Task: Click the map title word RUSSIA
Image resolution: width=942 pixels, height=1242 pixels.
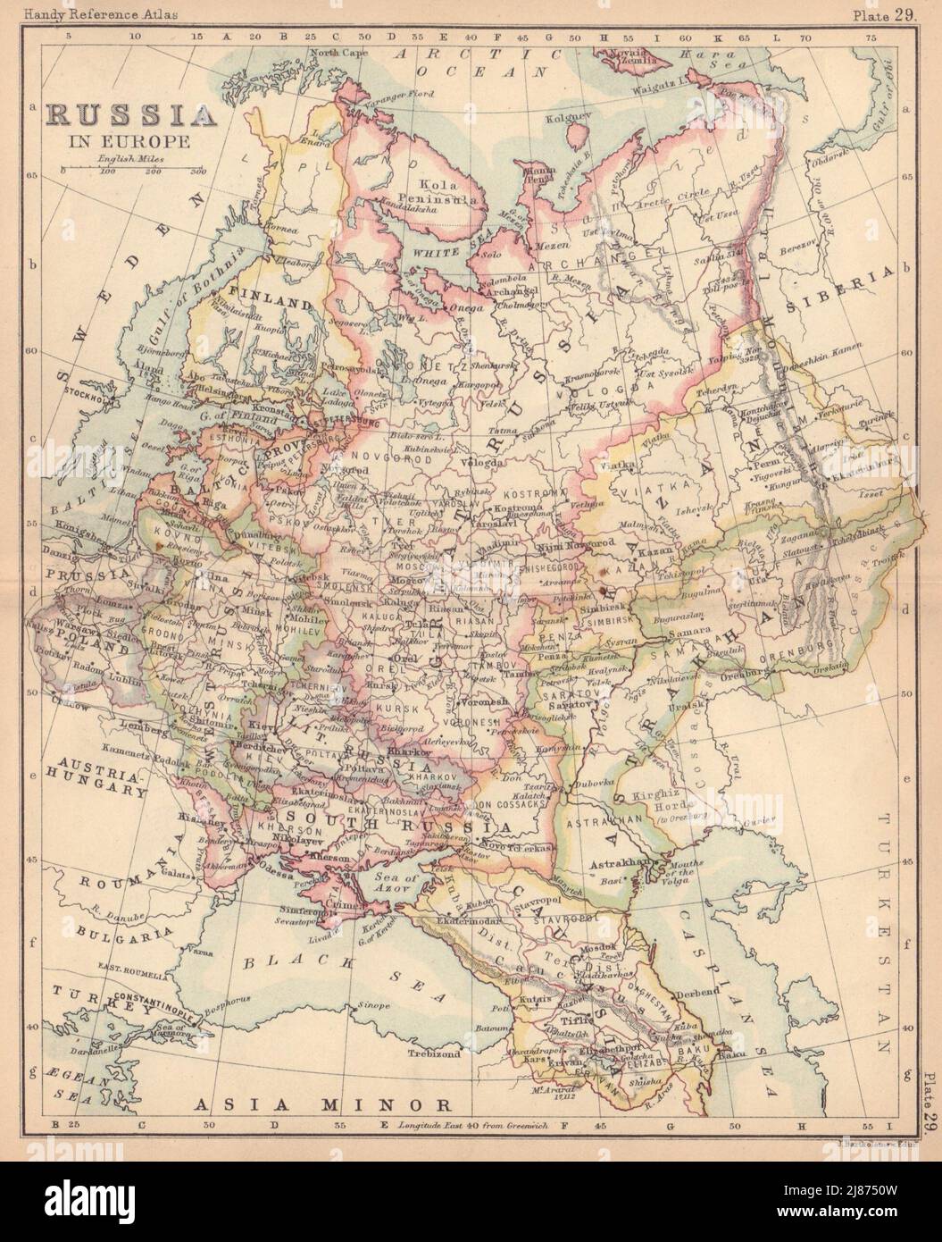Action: (x=131, y=115)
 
